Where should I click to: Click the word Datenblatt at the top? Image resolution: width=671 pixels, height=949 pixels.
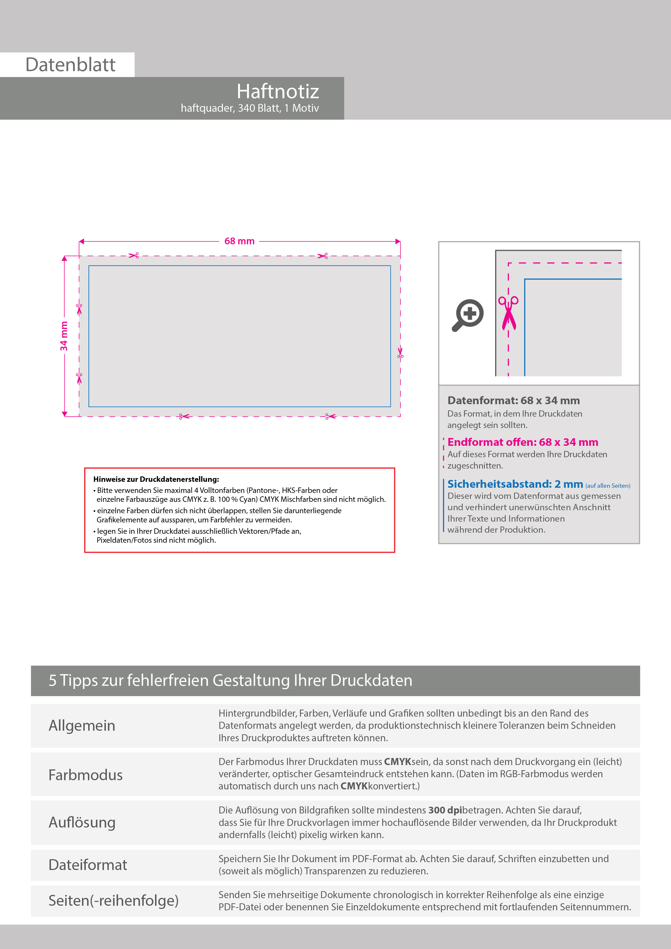tap(70, 65)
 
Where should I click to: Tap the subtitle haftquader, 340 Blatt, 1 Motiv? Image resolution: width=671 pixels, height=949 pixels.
tap(250, 108)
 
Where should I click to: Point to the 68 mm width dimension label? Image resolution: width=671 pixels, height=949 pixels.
tap(239, 241)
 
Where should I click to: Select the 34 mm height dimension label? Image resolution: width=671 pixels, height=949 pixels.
tap(64, 336)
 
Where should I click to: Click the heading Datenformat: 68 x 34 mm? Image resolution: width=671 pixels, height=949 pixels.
tap(514, 401)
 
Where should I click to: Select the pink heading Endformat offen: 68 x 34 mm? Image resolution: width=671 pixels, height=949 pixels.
tap(522, 442)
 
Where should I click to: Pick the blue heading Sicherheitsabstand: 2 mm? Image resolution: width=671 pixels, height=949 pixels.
tap(515, 484)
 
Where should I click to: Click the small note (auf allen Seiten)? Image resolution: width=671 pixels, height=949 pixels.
tap(608, 486)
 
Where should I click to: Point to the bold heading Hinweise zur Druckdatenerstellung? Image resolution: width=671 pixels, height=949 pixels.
tap(156, 479)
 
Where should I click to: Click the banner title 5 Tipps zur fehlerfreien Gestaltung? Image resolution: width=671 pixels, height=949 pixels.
tap(230, 680)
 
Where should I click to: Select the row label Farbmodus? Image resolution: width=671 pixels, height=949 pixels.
tap(85, 775)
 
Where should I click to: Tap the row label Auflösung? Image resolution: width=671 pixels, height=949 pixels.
tap(82, 822)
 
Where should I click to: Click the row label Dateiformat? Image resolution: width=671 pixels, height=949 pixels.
tap(88, 865)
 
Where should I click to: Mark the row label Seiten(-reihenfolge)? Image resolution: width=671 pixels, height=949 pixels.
tap(113, 900)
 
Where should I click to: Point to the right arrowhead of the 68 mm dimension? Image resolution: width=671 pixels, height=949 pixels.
tap(398, 241)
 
